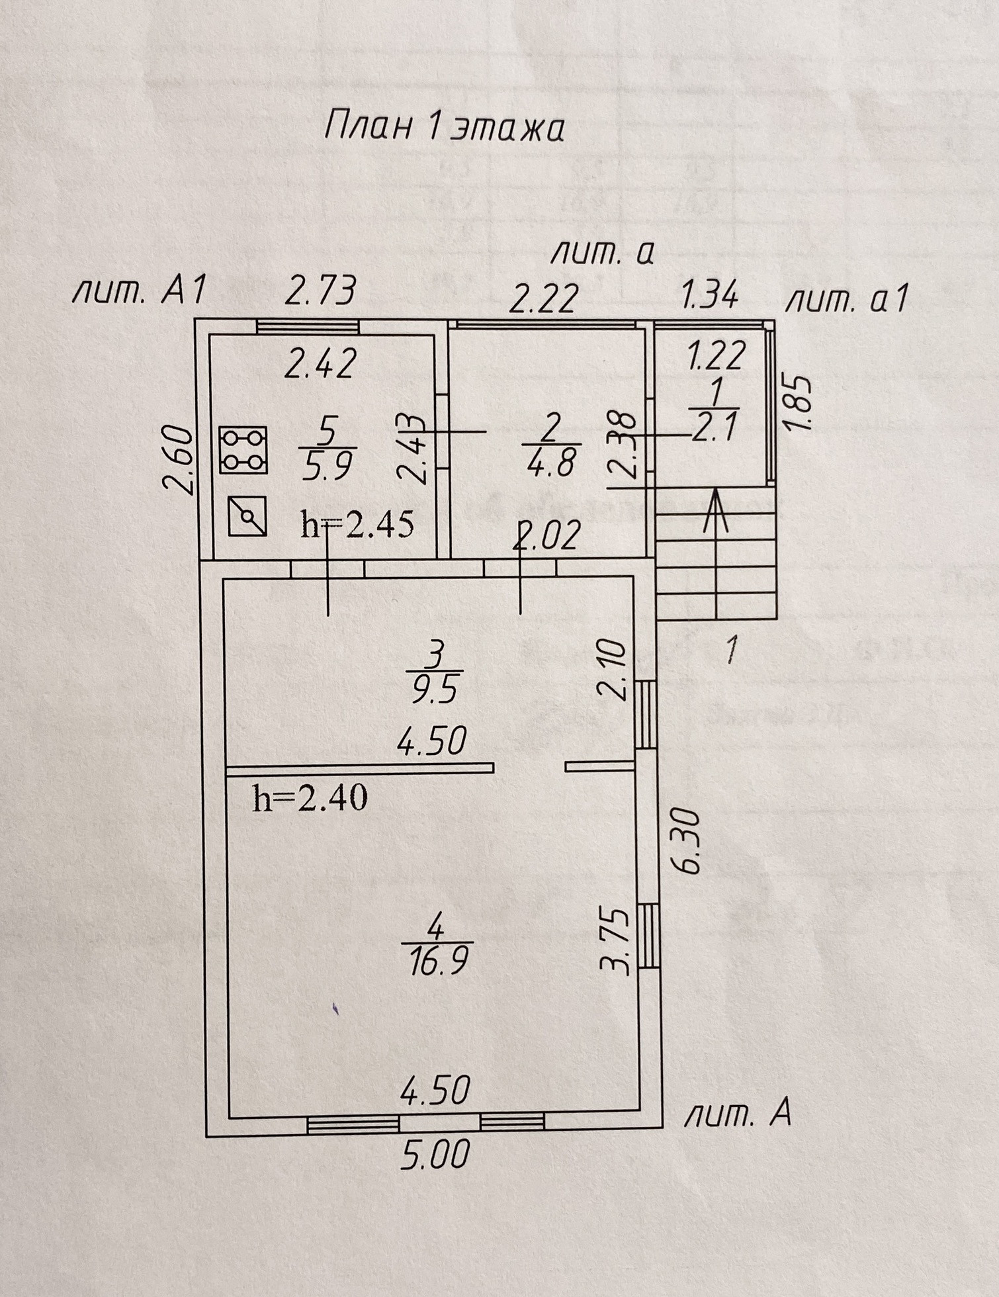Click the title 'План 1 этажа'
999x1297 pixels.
pyautogui.click(x=444, y=127)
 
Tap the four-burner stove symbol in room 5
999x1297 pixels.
pyautogui.click(x=243, y=450)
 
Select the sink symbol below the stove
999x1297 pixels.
pyautogui.click(x=247, y=516)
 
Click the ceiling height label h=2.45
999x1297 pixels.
pyautogui.click(x=357, y=525)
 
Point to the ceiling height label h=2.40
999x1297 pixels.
pyautogui.click(x=310, y=798)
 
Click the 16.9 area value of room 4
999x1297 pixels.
pyautogui.click(x=438, y=961)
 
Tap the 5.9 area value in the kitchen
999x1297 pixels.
pyautogui.click(x=327, y=467)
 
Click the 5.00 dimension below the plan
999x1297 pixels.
pyautogui.click(x=435, y=1153)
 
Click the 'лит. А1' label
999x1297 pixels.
pyautogui.click(x=140, y=291)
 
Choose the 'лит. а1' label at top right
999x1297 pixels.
pyautogui.click(x=846, y=300)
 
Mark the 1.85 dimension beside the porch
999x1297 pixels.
pyautogui.click(x=799, y=404)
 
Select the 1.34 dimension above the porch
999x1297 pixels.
pyautogui.click(x=710, y=294)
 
